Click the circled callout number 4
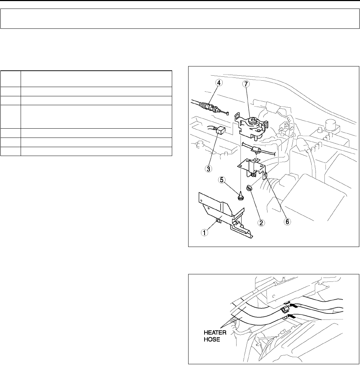(x=219, y=83)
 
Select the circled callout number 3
(x=208, y=169)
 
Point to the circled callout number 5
(x=222, y=180)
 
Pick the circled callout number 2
(x=261, y=223)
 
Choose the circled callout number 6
(x=287, y=221)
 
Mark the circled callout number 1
(x=205, y=232)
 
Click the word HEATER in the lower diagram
(x=215, y=332)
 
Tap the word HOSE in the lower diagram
(x=212, y=339)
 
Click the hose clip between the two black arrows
(x=285, y=309)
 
